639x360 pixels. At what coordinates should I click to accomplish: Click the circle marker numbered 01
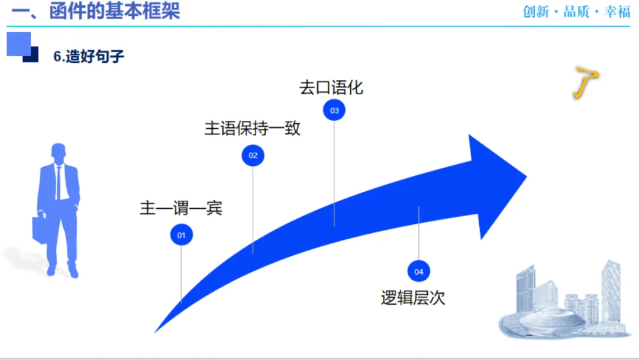click(182, 235)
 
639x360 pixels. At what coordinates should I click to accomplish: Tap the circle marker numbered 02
click(253, 156)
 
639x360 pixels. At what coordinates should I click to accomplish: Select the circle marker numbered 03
click(334, 110)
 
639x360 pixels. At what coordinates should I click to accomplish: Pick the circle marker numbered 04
click(419, 272)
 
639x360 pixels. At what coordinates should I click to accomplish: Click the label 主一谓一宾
click(180, 208)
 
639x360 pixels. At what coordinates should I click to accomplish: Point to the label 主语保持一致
click(253, 128)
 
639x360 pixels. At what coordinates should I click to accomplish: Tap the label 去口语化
click(331, 88)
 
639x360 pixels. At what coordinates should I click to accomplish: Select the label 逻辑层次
click(412, 298)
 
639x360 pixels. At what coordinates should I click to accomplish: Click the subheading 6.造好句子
click(89, 57)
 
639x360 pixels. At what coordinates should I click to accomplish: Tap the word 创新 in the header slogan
click(536, 12)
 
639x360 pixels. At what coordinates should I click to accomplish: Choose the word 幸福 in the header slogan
click(618, 12)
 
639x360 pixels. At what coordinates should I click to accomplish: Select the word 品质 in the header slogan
click(577, 12)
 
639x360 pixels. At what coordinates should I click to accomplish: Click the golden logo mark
click(585, 83)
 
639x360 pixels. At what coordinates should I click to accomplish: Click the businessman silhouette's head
click(59, 152)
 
